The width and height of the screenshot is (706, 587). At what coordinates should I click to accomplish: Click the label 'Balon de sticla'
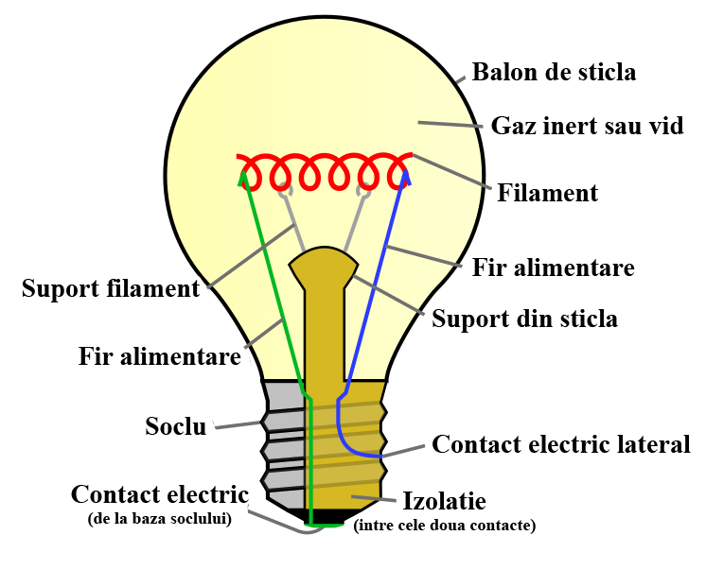554,72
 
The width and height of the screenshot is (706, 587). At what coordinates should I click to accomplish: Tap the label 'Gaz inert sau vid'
587,126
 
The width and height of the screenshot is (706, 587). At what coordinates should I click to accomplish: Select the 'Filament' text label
548,194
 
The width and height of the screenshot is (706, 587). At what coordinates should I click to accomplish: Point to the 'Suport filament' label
111,288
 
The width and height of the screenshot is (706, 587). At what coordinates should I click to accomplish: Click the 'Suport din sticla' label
524,319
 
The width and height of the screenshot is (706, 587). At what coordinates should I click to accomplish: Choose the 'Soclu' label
176,426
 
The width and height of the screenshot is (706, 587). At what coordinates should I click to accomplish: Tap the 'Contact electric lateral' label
561,444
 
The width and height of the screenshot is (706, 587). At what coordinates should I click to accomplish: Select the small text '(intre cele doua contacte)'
444,526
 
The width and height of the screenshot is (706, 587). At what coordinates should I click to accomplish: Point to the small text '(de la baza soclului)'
158,518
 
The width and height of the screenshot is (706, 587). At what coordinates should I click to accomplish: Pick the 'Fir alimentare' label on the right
553,268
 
